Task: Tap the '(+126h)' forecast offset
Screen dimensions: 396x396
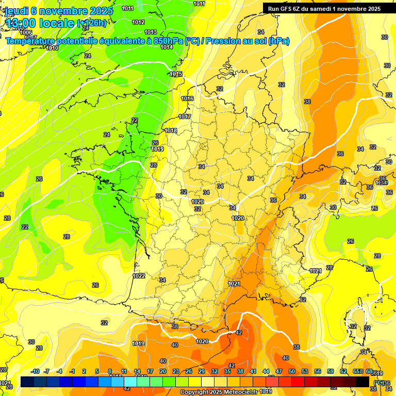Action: (x=91, y=23)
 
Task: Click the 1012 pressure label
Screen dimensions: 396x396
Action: (x=138, y=22)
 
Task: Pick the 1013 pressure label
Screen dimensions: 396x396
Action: (x=151, y=32)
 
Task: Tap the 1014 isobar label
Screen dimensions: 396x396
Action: (x=167, y=47)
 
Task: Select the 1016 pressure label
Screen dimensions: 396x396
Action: (x=187, y=98)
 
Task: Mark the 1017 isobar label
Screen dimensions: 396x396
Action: (x=185, y=117)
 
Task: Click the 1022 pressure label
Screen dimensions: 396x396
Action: (x=138, y=276)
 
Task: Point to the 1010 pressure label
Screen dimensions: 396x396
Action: (x=52, y=48)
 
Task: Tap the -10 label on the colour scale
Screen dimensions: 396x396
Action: (x=35, y=372)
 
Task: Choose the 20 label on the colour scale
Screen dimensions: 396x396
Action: (x=163, y=372)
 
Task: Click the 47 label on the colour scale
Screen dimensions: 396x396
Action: (x=279, y=372)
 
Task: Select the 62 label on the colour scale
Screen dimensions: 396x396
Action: (x=343, y=372)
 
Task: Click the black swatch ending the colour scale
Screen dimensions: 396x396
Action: (x=362, y=382)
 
